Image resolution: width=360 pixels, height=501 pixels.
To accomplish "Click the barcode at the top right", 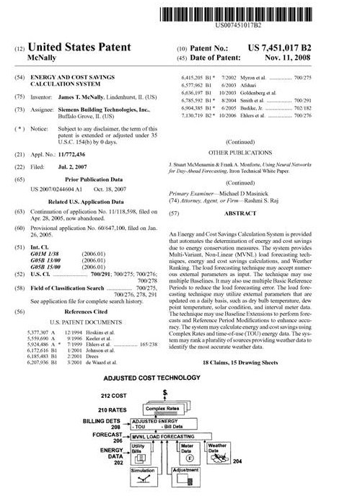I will (x=271, y=15).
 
